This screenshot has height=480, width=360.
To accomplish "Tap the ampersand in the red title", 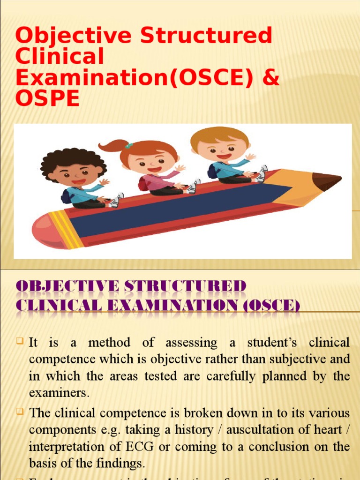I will click(x=269, y=77).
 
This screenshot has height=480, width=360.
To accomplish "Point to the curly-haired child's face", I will click(x=75, y=173).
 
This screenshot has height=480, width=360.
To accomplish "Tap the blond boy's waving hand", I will click(x=250, y=157).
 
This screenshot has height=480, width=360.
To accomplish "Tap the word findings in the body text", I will click(x=121, y=464).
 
